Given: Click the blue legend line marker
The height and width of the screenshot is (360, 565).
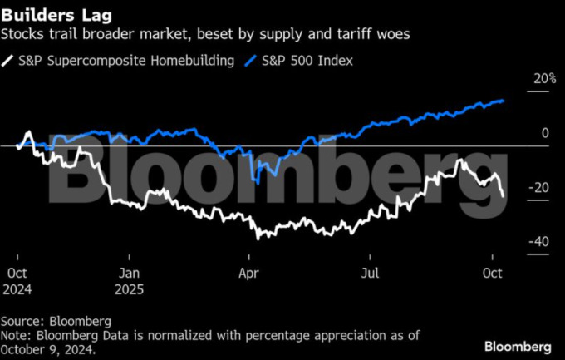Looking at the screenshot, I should click(x=252, y=60).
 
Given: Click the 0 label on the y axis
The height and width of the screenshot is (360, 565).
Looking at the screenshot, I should click(x=545, y=133).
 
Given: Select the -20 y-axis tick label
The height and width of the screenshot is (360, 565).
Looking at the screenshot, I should click(x=540, y=187).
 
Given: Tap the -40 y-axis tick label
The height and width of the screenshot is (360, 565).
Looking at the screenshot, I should click(x=540, y=241).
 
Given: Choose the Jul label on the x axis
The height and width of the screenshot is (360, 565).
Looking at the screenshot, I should click(x=371, y=272).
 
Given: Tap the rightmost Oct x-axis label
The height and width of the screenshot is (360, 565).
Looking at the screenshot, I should click(x=493, y=272).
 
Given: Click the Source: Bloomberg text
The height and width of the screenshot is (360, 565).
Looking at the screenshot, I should click(x=56, y=320).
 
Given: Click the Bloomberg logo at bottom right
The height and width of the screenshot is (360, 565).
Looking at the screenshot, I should click(x=518, y=344).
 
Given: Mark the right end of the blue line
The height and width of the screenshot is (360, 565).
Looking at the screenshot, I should click(x=504, y=101).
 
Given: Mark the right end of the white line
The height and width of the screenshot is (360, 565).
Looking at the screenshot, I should click(x=504, y=195).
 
